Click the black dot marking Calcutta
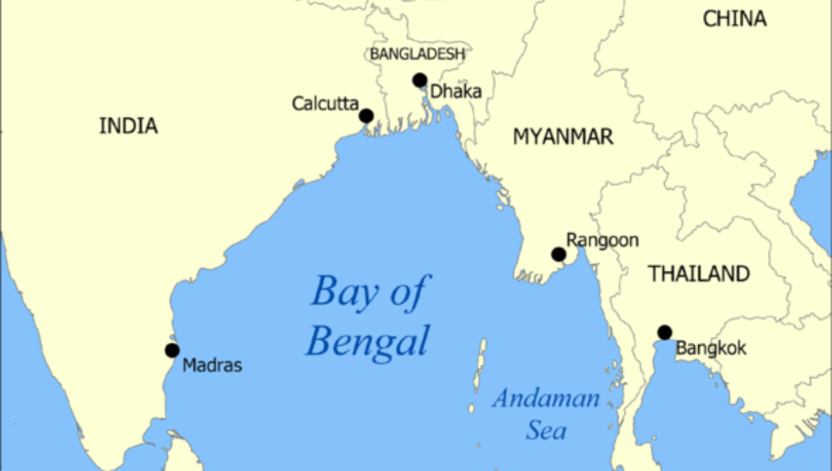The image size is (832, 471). [x=366, y=116]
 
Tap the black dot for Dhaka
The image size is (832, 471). [x=419, y=80]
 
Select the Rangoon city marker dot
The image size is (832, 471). [x=559, y=254]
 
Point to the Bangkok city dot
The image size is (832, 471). [x=665, y=332]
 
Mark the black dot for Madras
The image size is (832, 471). [x=172, y=350]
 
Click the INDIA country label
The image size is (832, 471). [x=128, y=126]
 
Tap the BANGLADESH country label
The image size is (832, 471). [x=417, y=54]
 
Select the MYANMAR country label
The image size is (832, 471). [x=563, y=137]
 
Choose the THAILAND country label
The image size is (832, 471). [x=699, y=274]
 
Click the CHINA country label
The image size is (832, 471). [x=735, y=19]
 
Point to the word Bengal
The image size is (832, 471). [x=367, y=341]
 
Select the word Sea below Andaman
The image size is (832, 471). [x=546, y=431]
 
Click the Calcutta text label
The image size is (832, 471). [x=325, y=104]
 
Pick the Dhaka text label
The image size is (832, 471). [x=456, y=91]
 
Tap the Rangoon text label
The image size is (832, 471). [x=602, y=240]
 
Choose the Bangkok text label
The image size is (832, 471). [x=711, y=348]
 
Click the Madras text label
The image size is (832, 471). [x=212, y=365]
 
